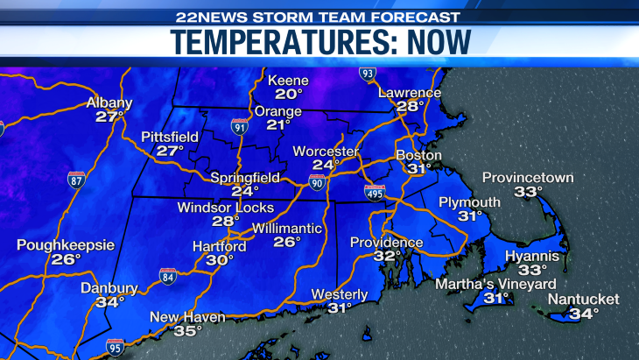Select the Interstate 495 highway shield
click(x=375, y=193)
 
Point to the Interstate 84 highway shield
click(x=167, y=278)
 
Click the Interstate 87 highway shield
click(x=77, y=180)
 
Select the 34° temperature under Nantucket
click(x=584, y=313)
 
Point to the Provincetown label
click(x=528, y=178)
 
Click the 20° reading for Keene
click(x=289, y=94)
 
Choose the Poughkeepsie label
click(x=66, y=245)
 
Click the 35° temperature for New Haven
click(x=188, y=330)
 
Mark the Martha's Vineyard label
click(x=496, y=284)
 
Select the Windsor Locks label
click(x=225, y=208)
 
